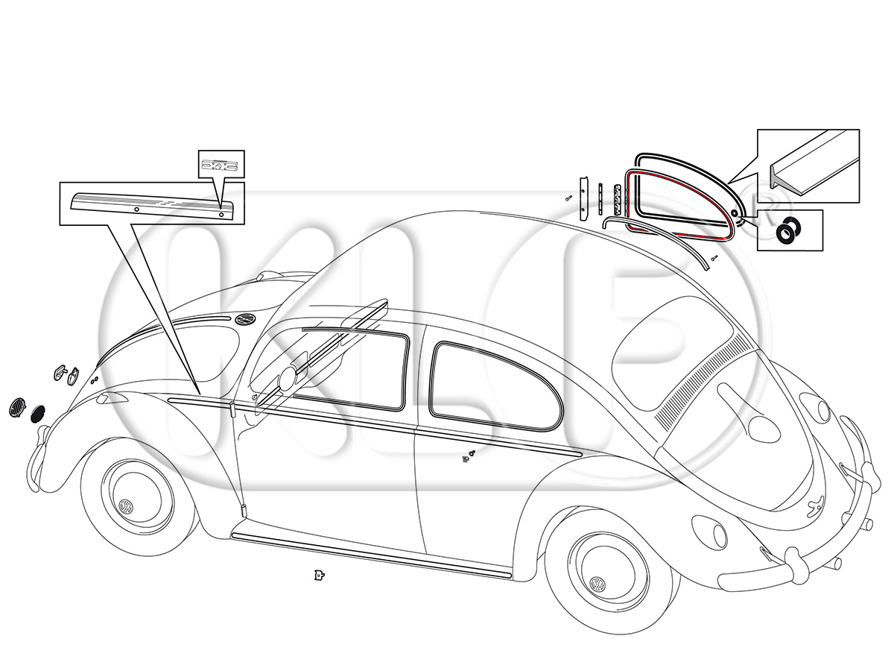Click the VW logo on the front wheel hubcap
click(125, 506)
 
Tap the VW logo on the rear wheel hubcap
click(598, 585)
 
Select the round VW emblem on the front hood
click(244, 318)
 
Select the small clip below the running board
click(319, 575)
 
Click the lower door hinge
click(243, 511)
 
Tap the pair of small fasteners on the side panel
click(469, 457)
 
